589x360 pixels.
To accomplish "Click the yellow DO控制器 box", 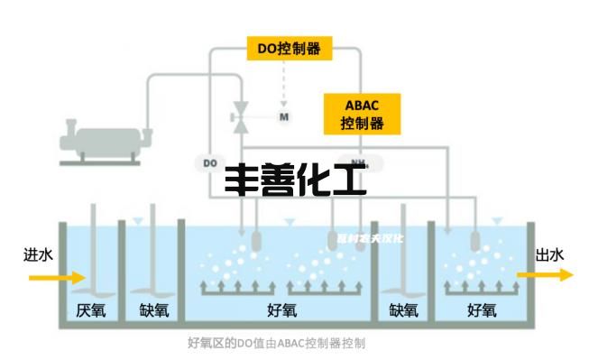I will click(x=290, y=47).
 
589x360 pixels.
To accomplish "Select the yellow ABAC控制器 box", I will click(x=361, y=113).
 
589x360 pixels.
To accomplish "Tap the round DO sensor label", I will click(x=209, y=163).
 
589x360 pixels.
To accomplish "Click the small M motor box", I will click(x=284, y=116).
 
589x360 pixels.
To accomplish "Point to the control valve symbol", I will click(x=240, y=116).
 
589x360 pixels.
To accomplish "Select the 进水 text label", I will click(x=38, y=255).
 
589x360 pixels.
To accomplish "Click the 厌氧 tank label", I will click(x=91, y=311).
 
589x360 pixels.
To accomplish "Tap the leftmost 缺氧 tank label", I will click(x=154, y=311).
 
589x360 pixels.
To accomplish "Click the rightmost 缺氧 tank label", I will click(x=403, y=311).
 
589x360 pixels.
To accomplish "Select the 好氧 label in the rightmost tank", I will click(x=481, y=311).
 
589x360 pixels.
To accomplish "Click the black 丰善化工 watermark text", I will click(x=295, y=181).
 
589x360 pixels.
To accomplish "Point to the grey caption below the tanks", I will click(x=276, y=344).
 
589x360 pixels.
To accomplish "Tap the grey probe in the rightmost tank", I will click(x=474, y=240).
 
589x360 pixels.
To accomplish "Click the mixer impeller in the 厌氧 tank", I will click(x=95, y=291).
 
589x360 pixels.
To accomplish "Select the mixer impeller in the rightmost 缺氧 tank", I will click(x=403, y=290).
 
